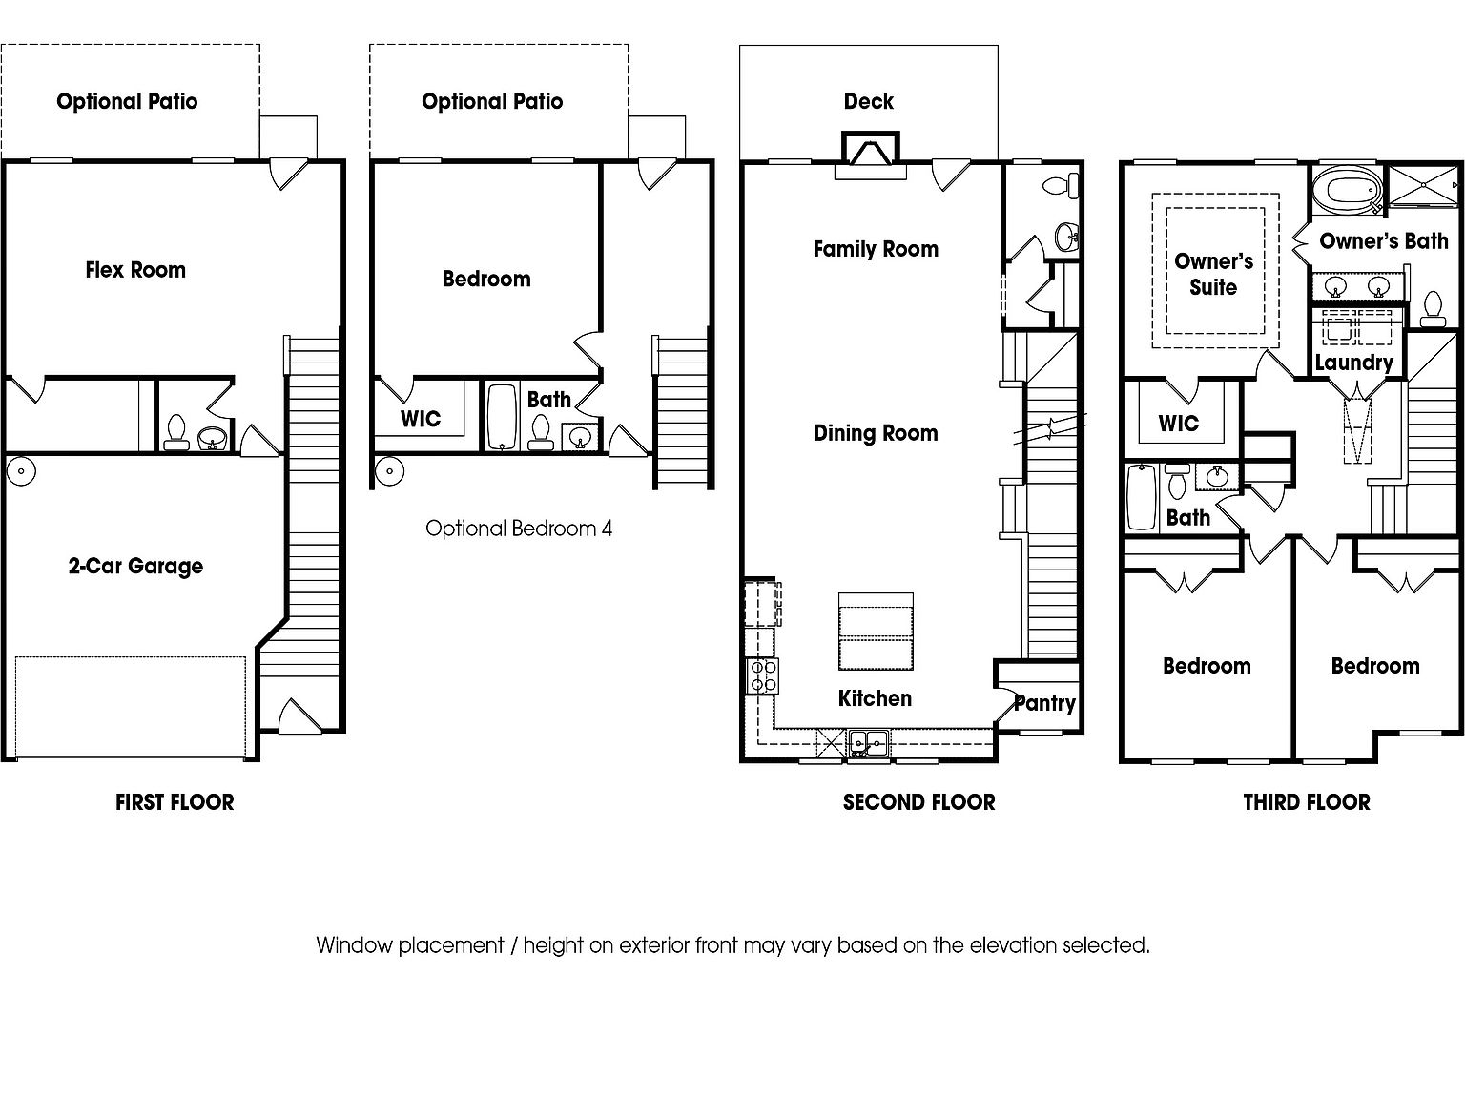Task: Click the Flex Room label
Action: coord(135,270)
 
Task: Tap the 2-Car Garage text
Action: coord(135,566)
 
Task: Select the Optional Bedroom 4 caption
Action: coord(519,529)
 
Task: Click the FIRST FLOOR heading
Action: coord(175,802)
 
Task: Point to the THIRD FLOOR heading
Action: coord(1307,802)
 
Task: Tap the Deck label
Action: coord(868,101)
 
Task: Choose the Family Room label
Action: coord(876,249)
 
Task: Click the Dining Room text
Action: coord(876,433)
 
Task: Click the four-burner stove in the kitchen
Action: coord(762,675)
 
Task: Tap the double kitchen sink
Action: coord(868,741)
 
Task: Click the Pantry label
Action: coord(1044,703)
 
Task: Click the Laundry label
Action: coord(1353,363)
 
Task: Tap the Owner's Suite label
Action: coord(1213,274)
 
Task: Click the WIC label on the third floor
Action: coord(1178,424)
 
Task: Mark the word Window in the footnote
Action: coord(354,945)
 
